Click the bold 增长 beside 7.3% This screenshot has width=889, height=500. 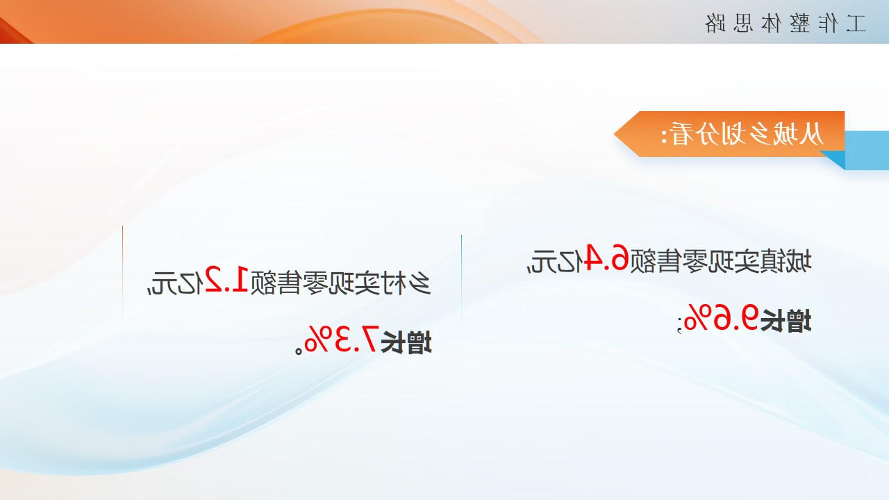tap(406, 342)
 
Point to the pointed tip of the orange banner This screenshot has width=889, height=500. tap(615, 134)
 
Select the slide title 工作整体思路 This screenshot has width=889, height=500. tap(785, 24)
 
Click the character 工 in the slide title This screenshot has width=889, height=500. tap(856, 24)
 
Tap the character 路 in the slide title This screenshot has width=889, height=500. tap(715, 24)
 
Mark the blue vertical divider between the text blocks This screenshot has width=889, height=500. tap(461, 283)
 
